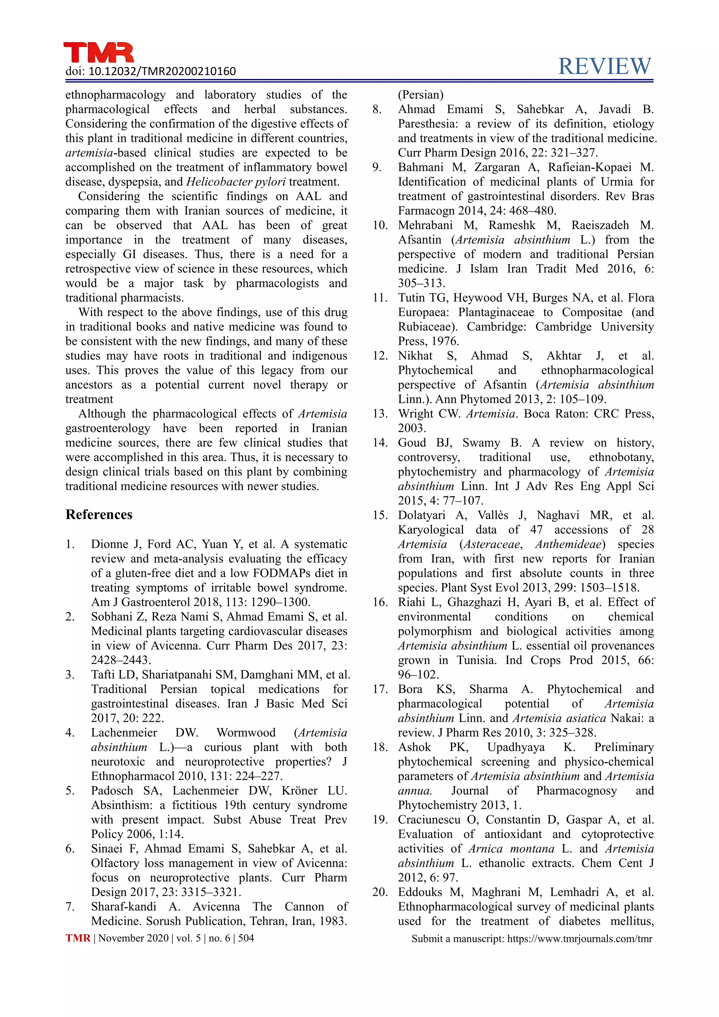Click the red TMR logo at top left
click(x=98, y=52)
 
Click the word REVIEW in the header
click(x=605, y=66)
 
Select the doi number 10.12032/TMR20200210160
click(x=162, y=71)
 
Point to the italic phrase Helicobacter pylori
click(x=236, y=182)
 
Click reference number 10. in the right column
click(x=380, y=225)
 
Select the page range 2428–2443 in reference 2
click(x=120, y=660)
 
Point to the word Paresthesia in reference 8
click(x=427, y=124)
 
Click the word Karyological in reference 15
click(x=430, y=530)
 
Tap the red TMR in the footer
click(x=78, y=938)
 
